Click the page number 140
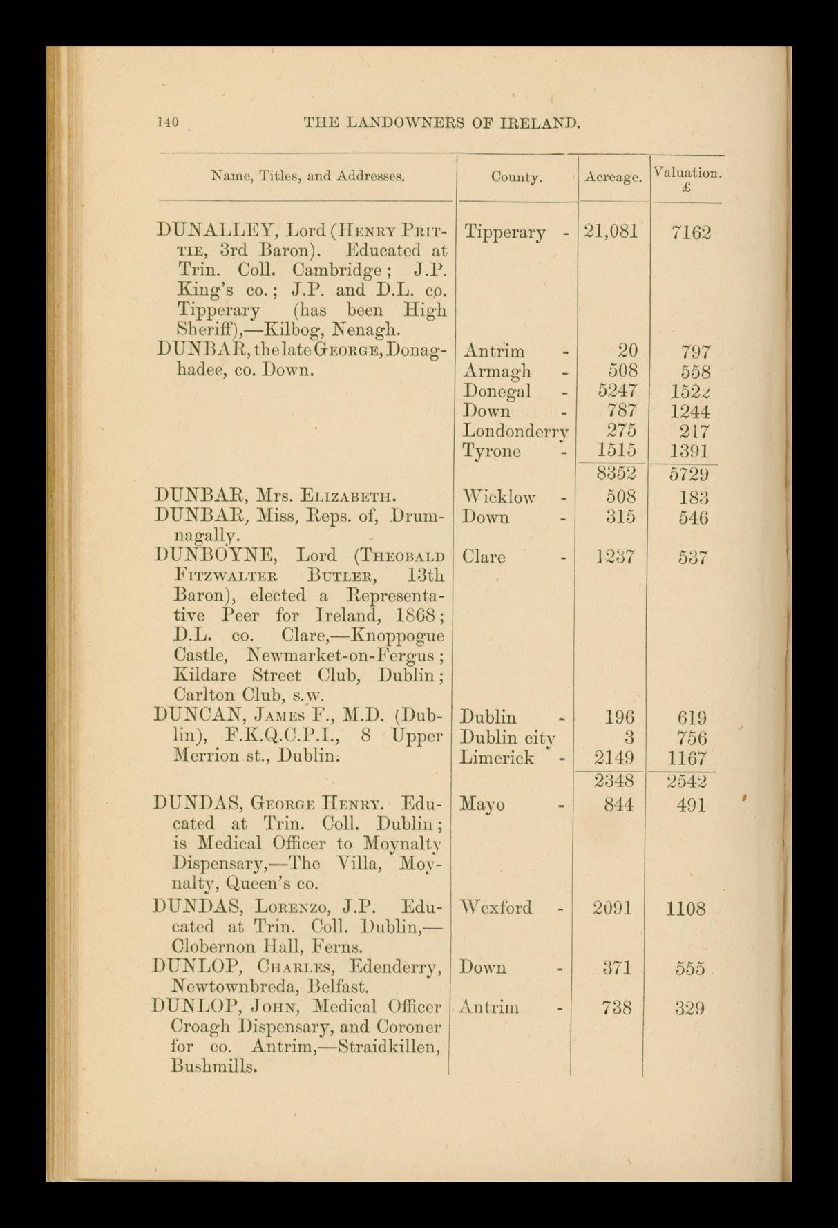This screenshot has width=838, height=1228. pyautogui.click(x=169, y=123)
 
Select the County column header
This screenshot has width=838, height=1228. pyautogui.click(x=516, y=178)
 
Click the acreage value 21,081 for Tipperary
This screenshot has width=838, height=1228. pyautogui.click(x=611, y=232)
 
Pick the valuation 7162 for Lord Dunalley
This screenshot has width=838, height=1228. pyautogui.click(x=691, y=233)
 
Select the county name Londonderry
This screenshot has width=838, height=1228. pyautogui.click(x=515, y=431)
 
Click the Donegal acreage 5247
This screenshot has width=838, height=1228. pyautogui.click(x=618, y=391)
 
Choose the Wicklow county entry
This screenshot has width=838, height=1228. pyautogui.click(x=499, y=496)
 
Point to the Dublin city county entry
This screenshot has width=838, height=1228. pyautogui.click(x=509, y=737)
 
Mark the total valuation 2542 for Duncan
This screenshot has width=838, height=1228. pyautogui.click(x=688, y=782)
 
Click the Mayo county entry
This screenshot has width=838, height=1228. pyautogui.click(x=482, y=804)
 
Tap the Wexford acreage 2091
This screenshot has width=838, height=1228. pyautogui.click(x=613, y=907)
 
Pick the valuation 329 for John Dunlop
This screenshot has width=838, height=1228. pyautogui.click(x=690, y=1008)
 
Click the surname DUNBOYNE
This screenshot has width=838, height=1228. pyautogui.click(x=218, y=556)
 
